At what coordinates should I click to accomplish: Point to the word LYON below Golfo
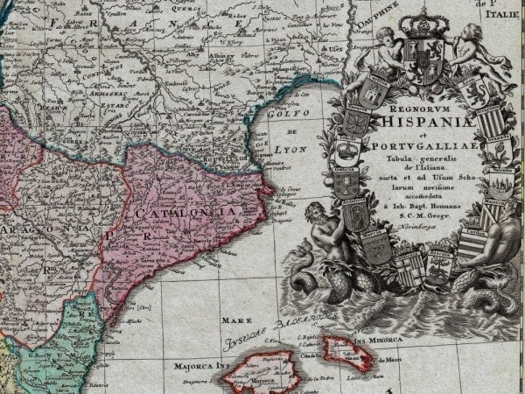(290, 150)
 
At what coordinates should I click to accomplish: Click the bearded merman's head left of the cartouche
(313, 213)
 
